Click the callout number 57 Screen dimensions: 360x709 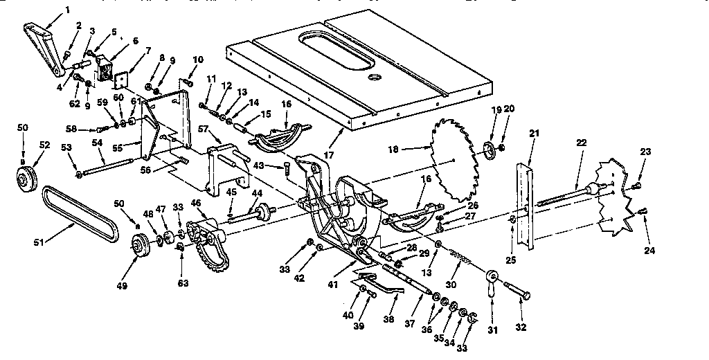pos(204,129)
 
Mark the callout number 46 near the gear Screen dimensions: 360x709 pos(196,203)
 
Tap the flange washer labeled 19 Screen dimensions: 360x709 pos(488,149)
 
